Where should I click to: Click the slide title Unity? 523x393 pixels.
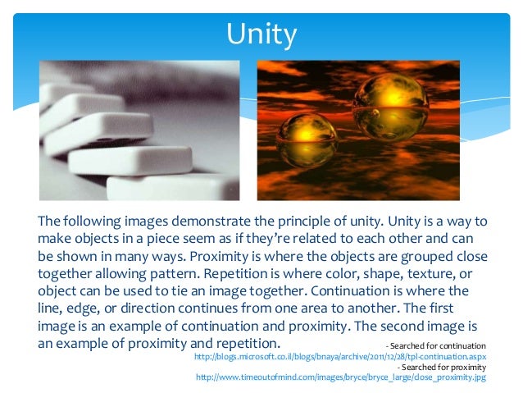261,35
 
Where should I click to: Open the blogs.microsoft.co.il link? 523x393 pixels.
339,358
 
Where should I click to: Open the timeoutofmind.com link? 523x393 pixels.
341,377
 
